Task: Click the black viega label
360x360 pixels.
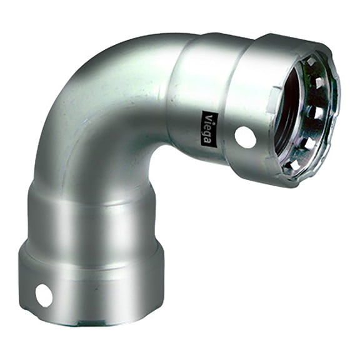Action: pyautogui.click(x=209, y=129)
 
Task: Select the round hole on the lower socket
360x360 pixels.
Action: pyautogui.click(x=44, y=295)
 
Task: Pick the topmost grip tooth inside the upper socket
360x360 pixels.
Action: pyautogui.click(x=311, y=62)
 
